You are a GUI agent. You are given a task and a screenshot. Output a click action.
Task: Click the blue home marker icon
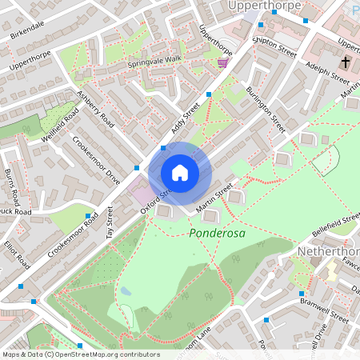click(x=180, y=172)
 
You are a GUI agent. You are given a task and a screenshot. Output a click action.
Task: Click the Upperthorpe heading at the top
click(x=265, y=6)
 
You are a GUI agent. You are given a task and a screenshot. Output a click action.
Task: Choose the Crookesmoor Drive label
click(x=95, y=159)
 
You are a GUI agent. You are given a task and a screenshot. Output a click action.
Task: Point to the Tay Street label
click(x=110, y=223)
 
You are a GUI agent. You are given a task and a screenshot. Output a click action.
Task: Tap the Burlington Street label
click(x=267, y=110)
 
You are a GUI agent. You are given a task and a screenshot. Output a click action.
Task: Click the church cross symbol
click(x=346, y=62)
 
